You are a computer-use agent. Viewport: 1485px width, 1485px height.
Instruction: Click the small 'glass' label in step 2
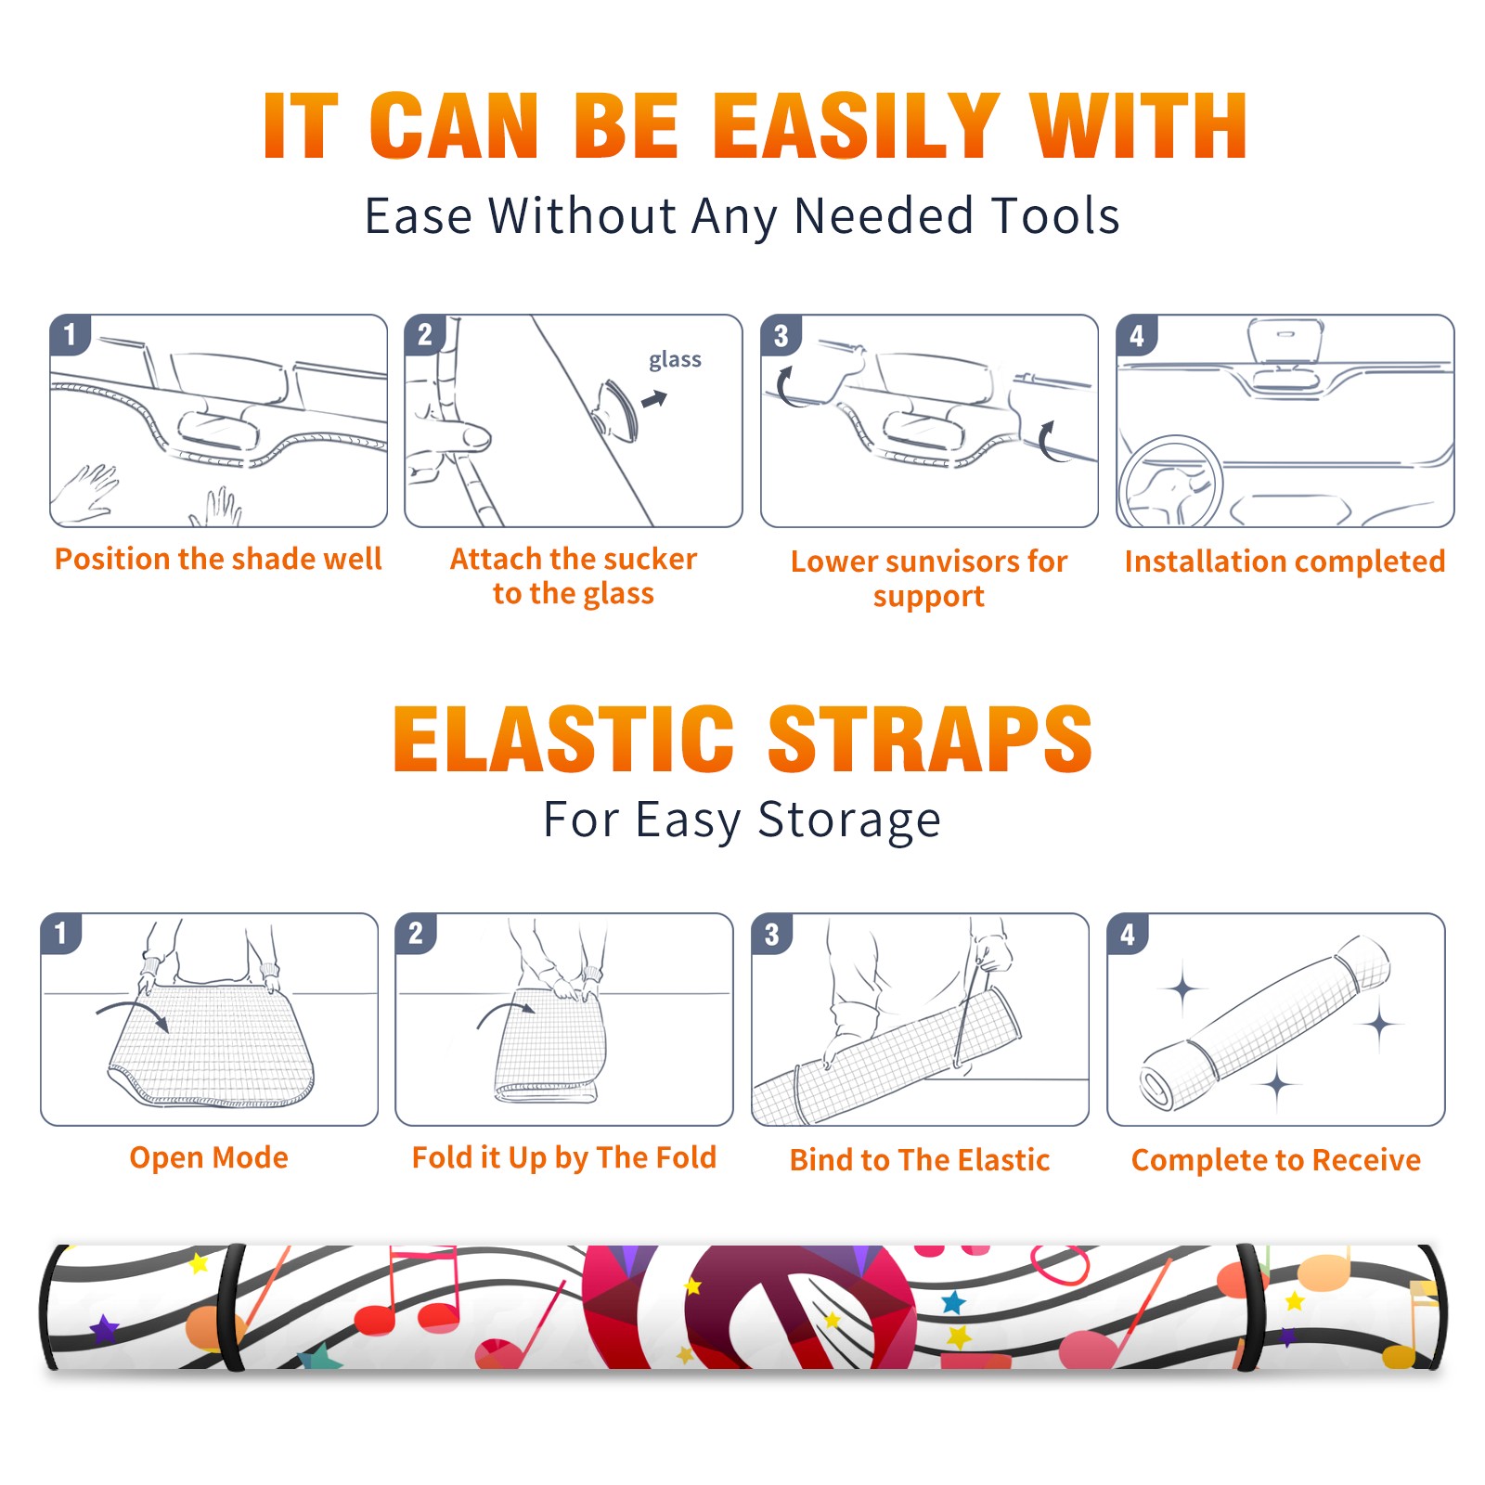675,360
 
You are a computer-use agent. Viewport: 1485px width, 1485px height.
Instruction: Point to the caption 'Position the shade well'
218,559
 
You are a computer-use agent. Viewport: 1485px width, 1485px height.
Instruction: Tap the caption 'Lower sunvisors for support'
929,577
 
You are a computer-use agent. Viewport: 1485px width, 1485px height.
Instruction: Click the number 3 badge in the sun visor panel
781,335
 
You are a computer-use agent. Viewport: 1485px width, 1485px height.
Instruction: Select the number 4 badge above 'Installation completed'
1137,335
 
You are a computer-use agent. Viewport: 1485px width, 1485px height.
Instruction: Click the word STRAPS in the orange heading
930,739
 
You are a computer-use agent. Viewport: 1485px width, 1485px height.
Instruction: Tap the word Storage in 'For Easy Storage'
849,820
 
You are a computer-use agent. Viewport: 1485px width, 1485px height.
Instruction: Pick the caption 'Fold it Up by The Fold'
564,1157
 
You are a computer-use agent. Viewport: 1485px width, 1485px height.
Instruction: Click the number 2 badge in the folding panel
416,934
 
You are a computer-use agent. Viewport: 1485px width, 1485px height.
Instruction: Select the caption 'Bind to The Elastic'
920,1160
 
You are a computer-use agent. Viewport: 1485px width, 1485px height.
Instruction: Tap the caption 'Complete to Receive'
1276,1160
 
